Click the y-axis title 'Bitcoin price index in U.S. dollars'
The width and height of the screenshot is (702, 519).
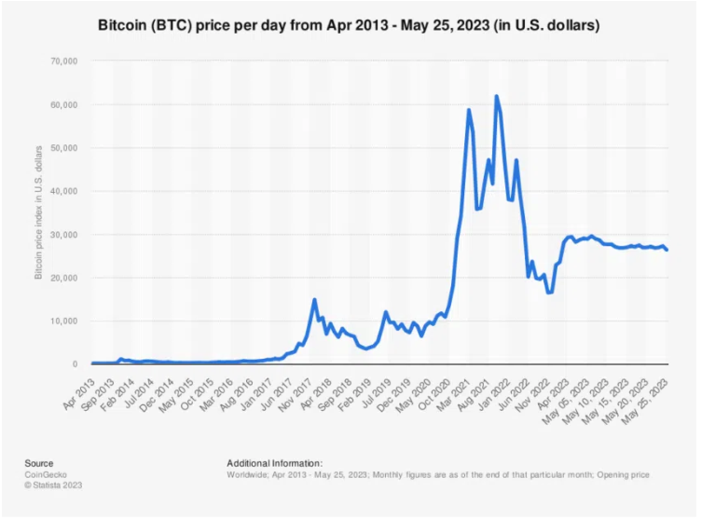(38, 212)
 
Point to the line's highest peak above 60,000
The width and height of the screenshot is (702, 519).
(496, 96)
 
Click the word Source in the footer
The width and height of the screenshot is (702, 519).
(39, 463)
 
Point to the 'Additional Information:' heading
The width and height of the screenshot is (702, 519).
(274, 463)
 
